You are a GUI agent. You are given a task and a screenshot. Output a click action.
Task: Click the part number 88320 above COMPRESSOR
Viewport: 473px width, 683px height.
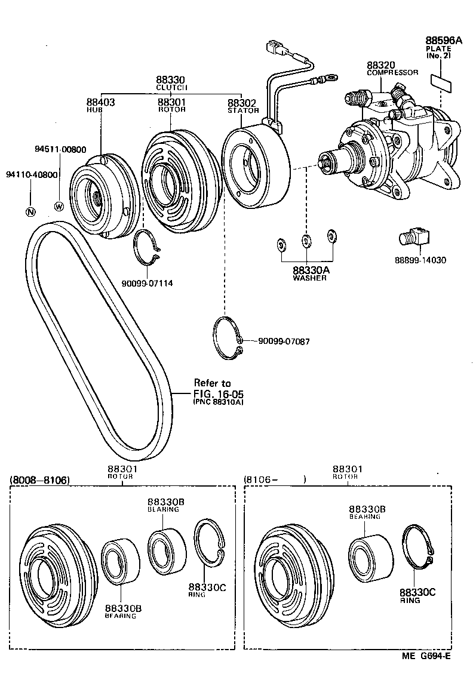coord(379,64)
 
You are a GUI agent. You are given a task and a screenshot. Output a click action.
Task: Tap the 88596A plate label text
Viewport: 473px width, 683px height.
coord(444,41)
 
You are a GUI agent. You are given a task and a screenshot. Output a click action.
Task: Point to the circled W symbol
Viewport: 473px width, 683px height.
coord(59,207)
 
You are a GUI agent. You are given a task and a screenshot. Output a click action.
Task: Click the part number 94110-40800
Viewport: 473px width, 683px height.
coord(32,175)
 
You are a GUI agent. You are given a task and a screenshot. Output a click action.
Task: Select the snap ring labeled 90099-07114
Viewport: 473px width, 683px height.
coord(148,248)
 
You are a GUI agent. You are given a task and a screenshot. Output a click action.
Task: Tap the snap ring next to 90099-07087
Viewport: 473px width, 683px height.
coord(229,339)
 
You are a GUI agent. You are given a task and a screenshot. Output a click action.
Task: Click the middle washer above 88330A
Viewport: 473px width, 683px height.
coord(306,241)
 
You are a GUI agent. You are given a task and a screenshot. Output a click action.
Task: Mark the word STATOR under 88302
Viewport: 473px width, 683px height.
coord(243,110)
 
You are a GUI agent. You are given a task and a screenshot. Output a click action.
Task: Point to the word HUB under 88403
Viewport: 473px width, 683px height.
coord(94,110)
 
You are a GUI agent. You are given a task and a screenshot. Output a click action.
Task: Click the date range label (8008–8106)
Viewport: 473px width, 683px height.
coord(40,479)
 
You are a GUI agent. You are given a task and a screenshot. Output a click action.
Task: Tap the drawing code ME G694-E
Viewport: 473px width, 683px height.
coord(426,672)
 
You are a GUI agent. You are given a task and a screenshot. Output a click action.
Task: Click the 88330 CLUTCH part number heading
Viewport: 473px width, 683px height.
coord(171,80)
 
